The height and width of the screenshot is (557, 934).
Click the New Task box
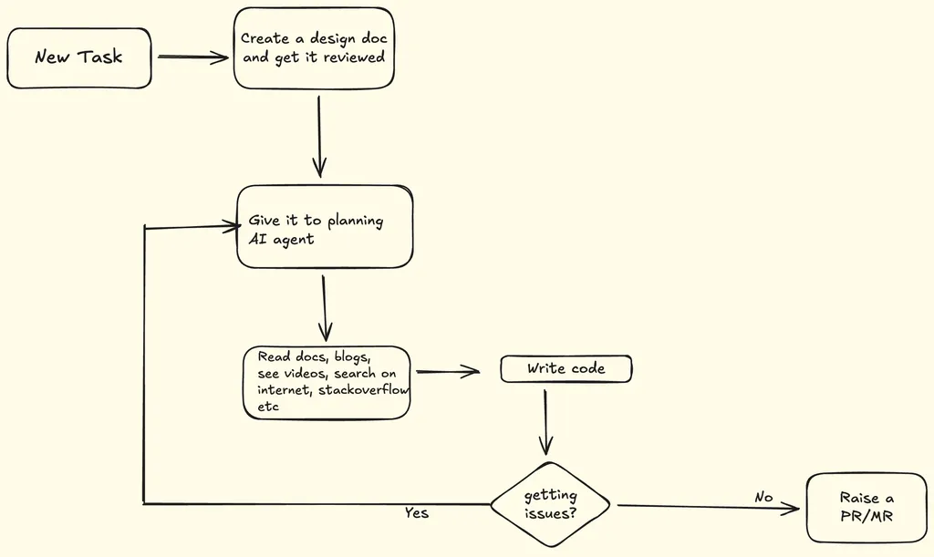pos(78,57)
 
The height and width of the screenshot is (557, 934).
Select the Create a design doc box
pos(314,48)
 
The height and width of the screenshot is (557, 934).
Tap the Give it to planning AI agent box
pos(325,227)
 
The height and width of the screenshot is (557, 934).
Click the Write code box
pos(566,368)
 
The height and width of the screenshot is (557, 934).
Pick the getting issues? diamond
pos(550,504)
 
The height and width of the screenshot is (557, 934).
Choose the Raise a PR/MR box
pos(867,508)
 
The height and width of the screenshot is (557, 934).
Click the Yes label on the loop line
pos(417,513)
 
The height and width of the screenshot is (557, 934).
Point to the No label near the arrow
pos(763,497)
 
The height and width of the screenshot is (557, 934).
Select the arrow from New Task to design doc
pos(192,57)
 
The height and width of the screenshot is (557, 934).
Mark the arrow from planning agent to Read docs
pos(324,305)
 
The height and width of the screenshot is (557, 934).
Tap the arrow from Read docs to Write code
pos(447,371)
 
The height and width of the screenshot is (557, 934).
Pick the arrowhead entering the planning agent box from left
pos(230,223)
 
